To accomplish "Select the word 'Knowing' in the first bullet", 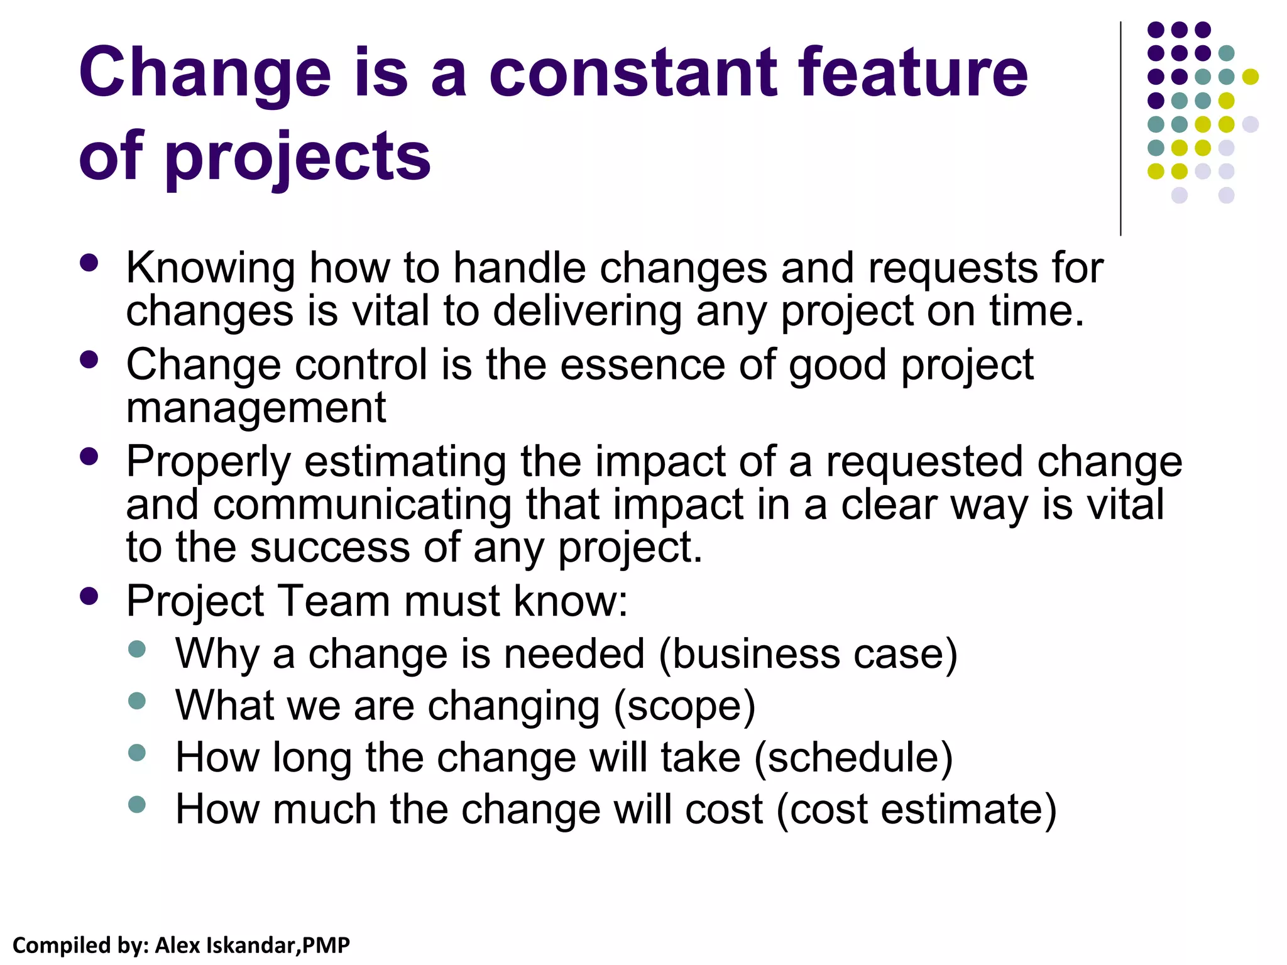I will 211,269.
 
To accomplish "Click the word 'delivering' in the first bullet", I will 587,312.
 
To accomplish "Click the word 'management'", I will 256,408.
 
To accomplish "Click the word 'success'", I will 330,547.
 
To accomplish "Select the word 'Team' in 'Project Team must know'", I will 333,601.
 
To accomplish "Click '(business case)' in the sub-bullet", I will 808,654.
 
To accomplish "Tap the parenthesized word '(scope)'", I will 684,706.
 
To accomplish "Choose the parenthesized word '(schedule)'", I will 853,758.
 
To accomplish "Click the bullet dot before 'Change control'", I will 90,359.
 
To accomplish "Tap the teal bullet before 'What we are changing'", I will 136,701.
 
